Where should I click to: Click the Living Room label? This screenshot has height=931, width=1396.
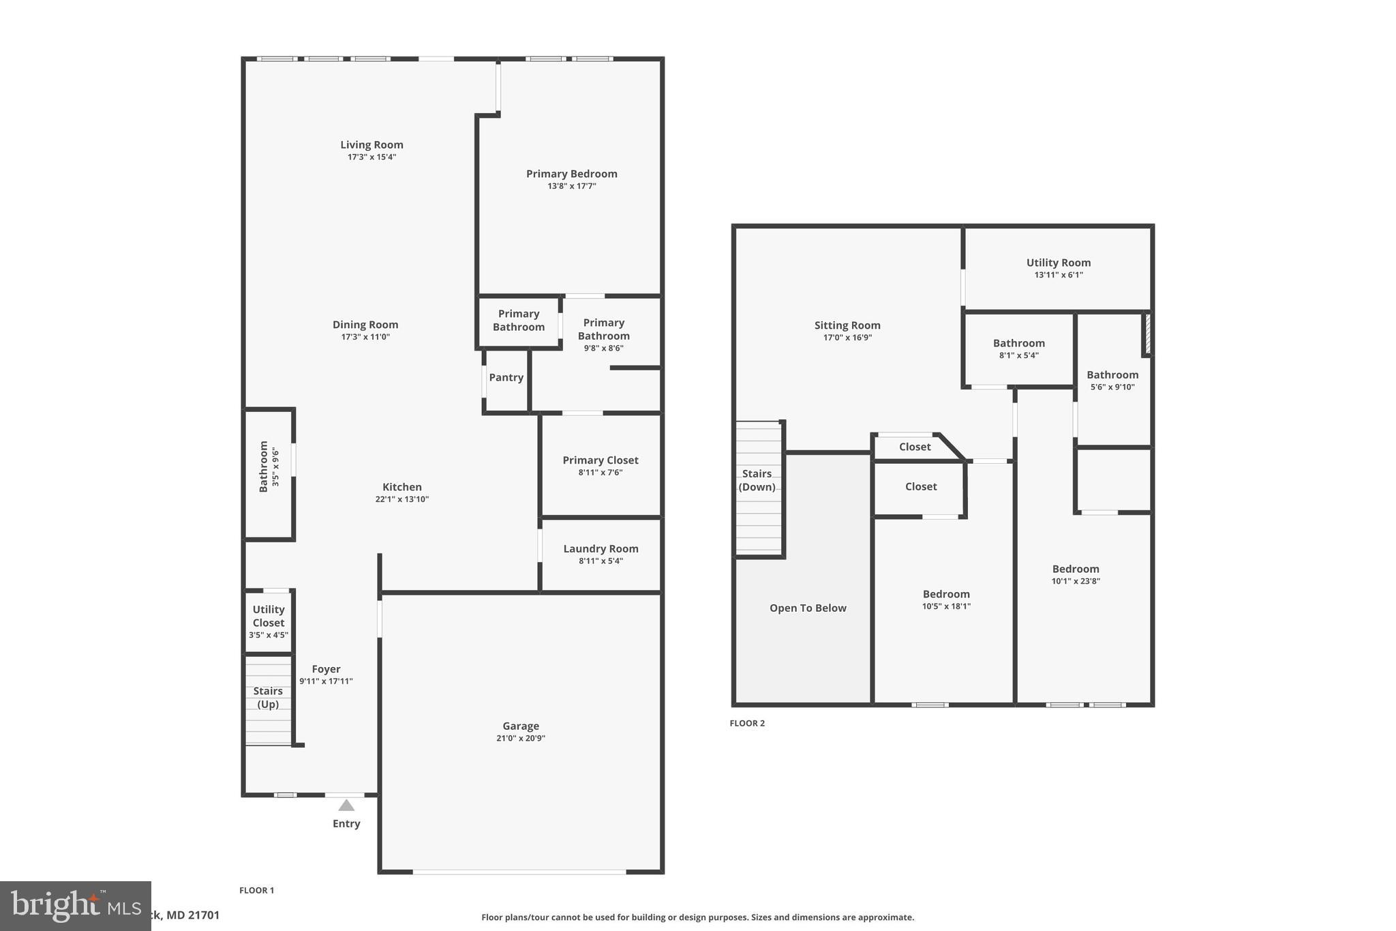click(371, 145)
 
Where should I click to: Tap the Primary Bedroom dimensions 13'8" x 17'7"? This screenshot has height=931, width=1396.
click(571, 186)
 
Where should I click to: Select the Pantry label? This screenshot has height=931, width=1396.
click(506, 378)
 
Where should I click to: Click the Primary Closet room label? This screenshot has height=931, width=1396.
click(600, 460)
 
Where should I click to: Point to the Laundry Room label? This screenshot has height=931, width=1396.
click(601, 549)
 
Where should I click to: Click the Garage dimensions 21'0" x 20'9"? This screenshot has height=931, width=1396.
click(521, 739)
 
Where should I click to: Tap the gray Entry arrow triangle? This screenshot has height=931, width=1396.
click(346, 806)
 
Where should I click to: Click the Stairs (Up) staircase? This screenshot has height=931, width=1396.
click(268, 699)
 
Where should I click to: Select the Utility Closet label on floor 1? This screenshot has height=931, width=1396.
click(269, 616)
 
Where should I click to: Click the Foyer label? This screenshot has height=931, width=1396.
click(326, 669)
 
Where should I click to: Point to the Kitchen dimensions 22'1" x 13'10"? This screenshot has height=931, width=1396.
click(401, 499)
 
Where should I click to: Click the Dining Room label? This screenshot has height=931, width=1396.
click(365, 325)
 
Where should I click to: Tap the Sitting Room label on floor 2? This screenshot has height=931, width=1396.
click(847, 325)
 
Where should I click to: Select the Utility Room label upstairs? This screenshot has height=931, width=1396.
click(1058, 263)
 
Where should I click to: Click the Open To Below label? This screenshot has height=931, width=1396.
click(808, 608)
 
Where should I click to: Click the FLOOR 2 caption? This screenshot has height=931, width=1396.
click(747, 724)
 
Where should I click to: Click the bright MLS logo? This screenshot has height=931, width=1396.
click(75, 906)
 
